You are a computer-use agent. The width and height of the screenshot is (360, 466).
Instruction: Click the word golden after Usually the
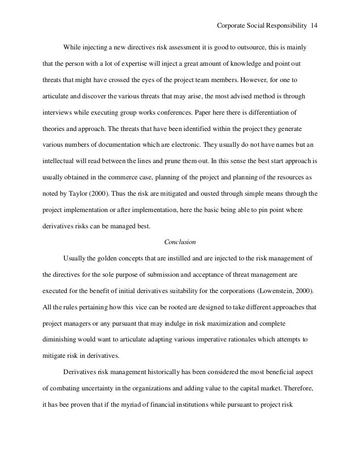tap(108, 259)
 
